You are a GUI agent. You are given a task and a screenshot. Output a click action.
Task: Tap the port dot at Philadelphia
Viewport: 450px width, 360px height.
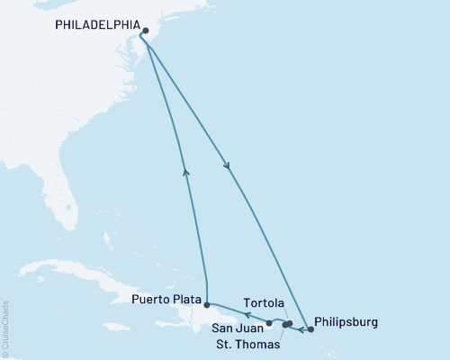pos(146,30)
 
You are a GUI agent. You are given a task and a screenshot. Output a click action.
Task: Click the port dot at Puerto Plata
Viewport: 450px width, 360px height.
pos(207,304)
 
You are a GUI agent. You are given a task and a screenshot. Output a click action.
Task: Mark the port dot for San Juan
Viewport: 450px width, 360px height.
pos(269,322)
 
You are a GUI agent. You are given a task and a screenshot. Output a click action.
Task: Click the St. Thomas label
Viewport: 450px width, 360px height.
pos(247,344)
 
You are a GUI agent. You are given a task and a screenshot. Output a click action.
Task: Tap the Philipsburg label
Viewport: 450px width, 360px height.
pos(346,321)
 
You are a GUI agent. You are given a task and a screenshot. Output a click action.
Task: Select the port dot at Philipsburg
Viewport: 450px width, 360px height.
pos(311,329)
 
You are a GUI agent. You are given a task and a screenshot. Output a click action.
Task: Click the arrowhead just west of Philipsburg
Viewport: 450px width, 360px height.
pos(300,328)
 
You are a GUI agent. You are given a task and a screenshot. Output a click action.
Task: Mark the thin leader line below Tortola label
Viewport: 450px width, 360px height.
pos(286,313)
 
